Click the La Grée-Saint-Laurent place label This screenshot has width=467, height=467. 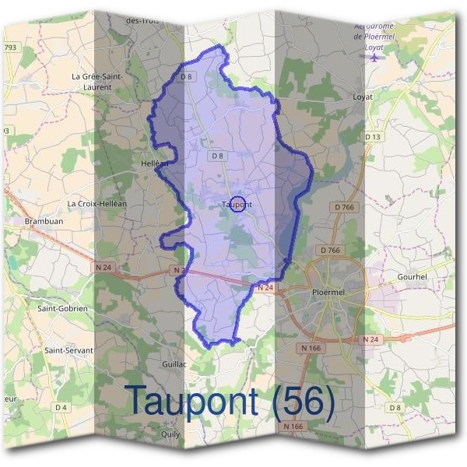(97, 82)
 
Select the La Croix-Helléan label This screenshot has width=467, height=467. (97, 204)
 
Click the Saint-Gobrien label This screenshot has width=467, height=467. (63, 308)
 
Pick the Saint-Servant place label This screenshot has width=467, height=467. (68, 350)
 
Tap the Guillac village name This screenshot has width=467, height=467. (175, 363)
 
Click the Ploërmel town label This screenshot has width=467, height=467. (327, 292)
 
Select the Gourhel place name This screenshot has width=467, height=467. (412, 276)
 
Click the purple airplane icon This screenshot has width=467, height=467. (377, 57)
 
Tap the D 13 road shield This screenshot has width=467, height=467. (373, 137)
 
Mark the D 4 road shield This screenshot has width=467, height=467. (61, 407)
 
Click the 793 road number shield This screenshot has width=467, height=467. (10, 47)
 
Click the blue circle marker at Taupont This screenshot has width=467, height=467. (239, 204)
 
